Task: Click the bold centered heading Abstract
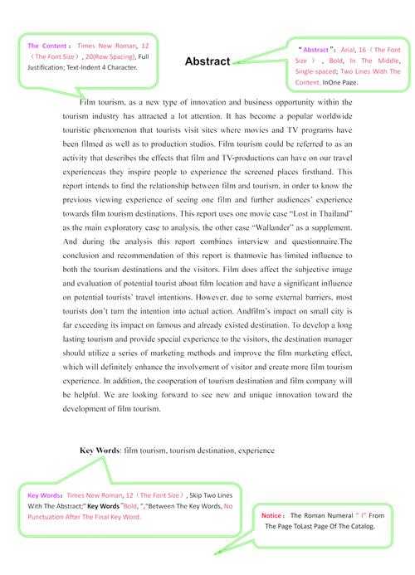207,61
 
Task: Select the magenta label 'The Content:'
48,46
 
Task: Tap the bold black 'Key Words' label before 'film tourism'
100,451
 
